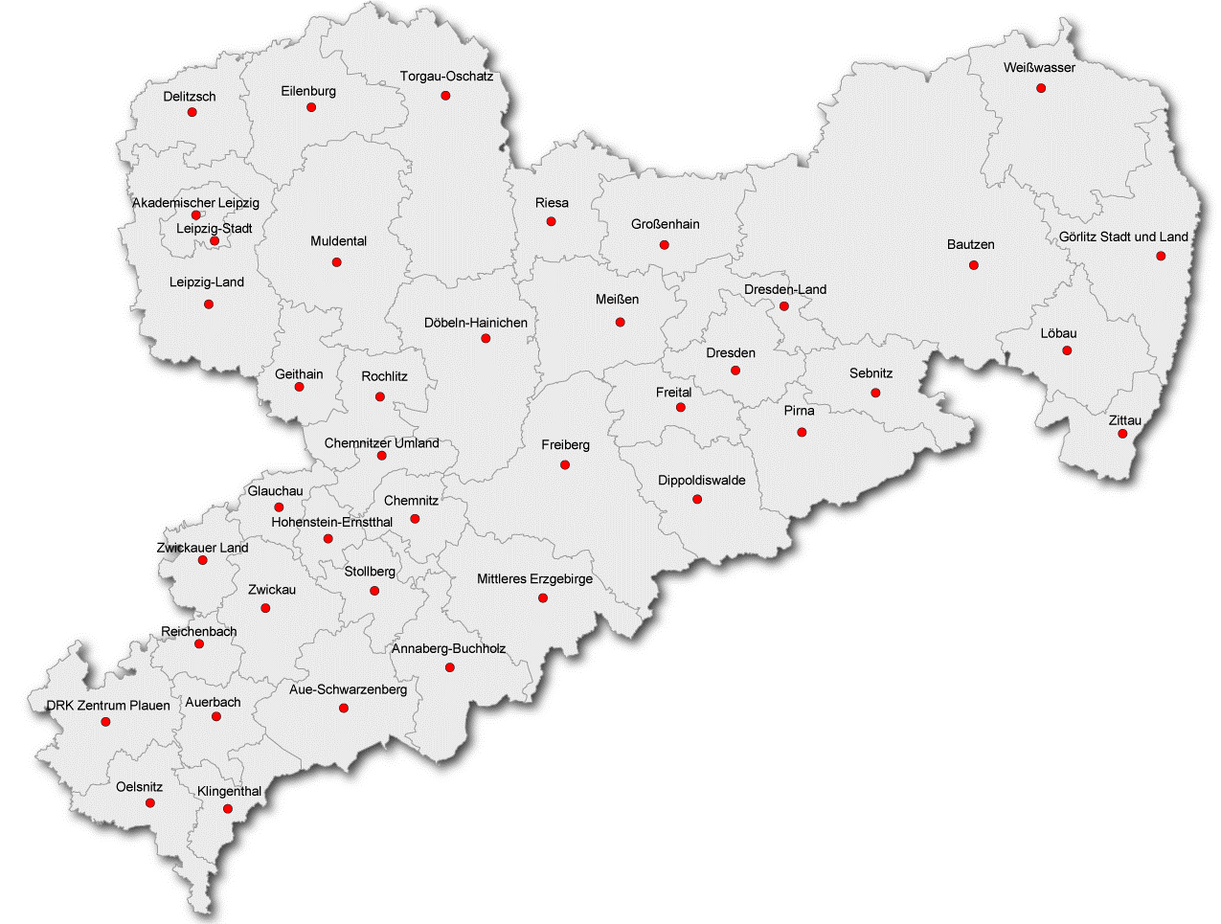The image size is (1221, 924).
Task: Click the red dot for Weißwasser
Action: click(x=1040, y=88)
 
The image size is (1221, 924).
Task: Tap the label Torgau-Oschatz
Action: click(x=446, y=77)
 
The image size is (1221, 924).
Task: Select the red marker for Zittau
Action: click(x=1122, y=434)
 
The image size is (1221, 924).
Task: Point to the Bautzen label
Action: click(x=970, y=245)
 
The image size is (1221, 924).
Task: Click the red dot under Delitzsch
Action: click(x=192, y=112)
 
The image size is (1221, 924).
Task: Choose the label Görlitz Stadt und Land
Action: click(x=1122, y=237)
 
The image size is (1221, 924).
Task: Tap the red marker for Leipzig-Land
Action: click(x=208, y=304)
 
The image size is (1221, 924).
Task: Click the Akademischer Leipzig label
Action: click(x=195, y=203)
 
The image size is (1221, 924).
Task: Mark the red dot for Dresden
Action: click(x=735, y=371)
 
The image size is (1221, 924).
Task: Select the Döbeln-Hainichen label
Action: click(x=475, y=324)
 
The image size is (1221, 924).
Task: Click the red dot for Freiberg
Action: click(x=564, y=464)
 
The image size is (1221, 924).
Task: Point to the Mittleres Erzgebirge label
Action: click(x=534, y=579)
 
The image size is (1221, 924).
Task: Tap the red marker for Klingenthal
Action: click(x=227, y=809)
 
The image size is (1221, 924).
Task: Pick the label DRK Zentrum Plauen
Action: click(x=108, y=706)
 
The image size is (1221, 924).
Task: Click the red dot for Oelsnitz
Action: click(x=149, y=803)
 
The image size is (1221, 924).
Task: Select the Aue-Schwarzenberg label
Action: click(x=348, y=689)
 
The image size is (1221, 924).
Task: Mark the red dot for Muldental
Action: click(x=336, y=261)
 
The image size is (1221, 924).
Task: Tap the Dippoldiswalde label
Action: click(x=701, y=481)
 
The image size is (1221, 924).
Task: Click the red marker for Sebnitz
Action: click(x=874, y=393)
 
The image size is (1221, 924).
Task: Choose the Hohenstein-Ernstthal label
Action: click(x=331, y=523)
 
